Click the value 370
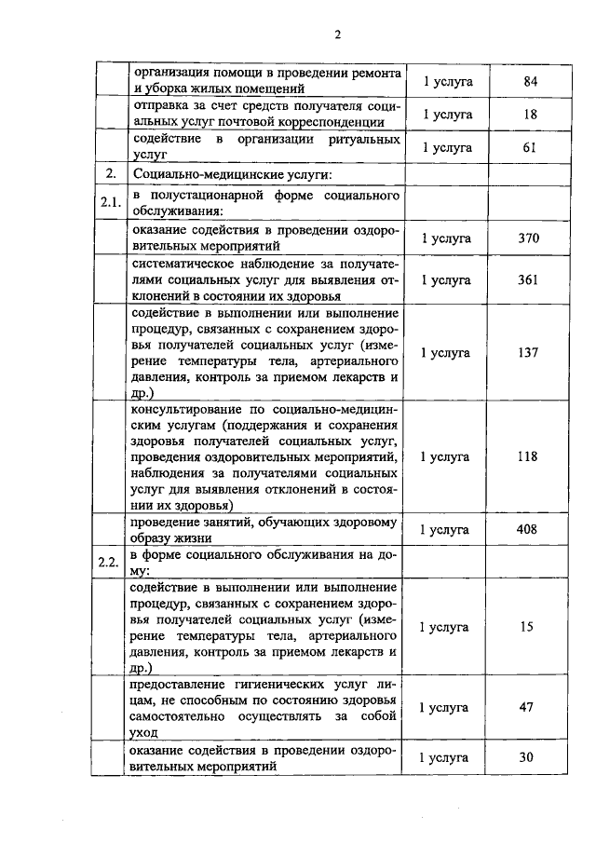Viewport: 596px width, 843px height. [529, 238]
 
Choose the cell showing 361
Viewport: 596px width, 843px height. [529, 279]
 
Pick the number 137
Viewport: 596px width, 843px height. [529, 353]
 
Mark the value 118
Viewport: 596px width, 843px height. [529, 457]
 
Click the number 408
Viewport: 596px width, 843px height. [529, 530]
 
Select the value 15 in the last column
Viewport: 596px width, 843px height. [527, 627]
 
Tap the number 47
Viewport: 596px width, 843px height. [527, 708]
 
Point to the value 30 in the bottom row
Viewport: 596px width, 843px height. [527, 757]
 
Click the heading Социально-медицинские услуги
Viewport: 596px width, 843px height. [227, 174]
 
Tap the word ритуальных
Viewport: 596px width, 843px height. [363, 140]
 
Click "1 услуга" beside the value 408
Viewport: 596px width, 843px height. [448, 530]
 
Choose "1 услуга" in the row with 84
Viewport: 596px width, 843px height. [448, 81]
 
